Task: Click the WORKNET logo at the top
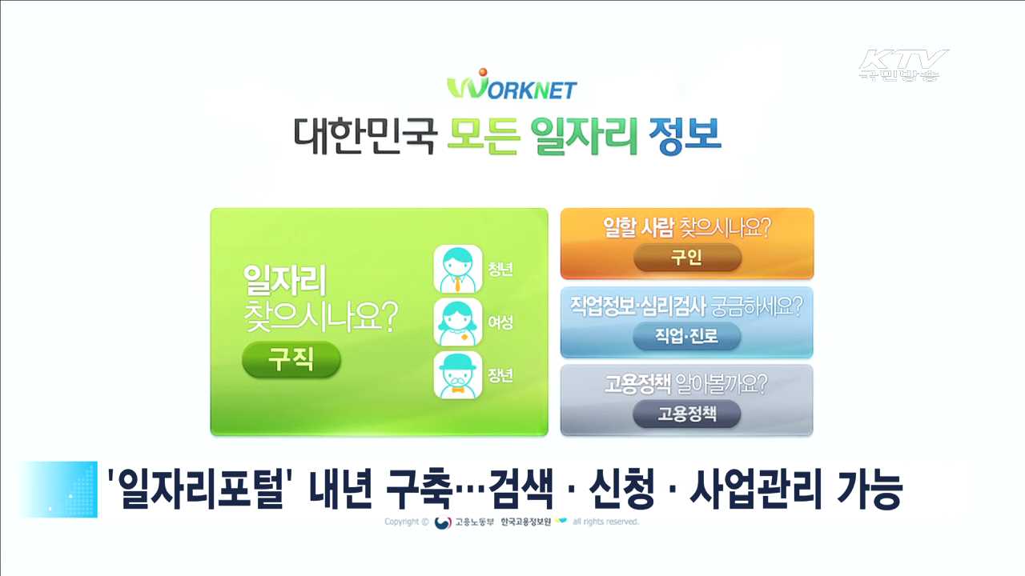tap(512, 86)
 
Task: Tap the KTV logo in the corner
tap(902, 65)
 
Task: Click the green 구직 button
tap(291, 360)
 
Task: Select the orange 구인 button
tap(687, 258)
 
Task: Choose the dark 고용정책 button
tap(686, 414)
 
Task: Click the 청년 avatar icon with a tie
tap(457, 269)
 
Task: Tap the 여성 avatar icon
tap(457, 322)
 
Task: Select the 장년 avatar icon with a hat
tap(457, 375)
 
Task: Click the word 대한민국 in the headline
tap(365, 137)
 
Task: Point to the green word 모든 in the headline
tap(482, 137)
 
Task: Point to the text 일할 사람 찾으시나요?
tap(686, 229)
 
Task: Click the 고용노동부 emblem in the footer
tap(443, 522)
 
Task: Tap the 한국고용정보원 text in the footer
tap(526, 522)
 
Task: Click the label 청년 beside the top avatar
tap(500, 269)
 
